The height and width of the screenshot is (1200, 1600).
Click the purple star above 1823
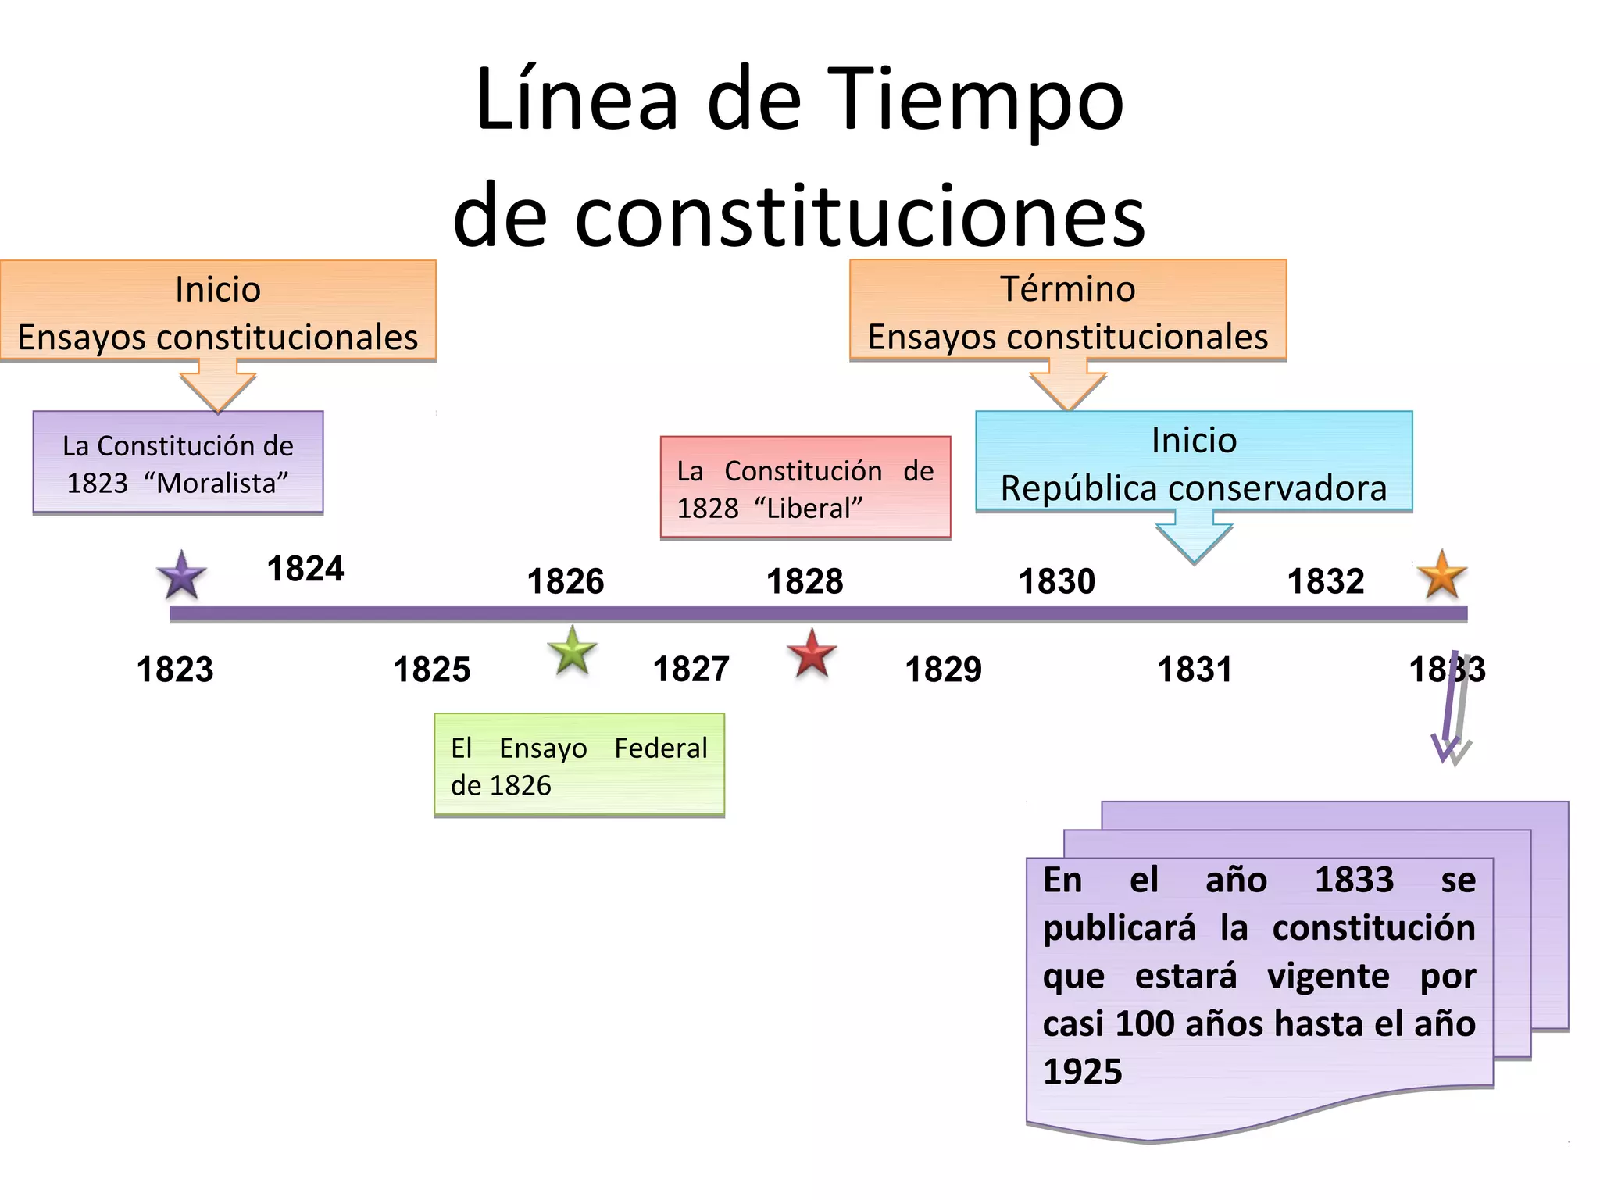[181, 576]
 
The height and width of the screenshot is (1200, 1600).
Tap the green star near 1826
[573, 651]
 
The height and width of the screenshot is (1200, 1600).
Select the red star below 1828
[812, 654]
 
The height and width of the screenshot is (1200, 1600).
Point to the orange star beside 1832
[1441, 574]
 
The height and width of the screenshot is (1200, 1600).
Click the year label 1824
[305, 569]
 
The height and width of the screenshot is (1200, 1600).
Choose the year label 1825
[432, 670]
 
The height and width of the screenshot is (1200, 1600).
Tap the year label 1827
[691, 670]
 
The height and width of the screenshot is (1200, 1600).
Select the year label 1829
[943, 670]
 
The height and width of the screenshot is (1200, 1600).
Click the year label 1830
[1057, 581]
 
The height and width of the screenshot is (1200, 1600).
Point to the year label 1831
[1195, 670]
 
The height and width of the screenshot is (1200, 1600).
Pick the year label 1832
[1326, 581]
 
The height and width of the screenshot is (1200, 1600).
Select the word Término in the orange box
[1067, 289]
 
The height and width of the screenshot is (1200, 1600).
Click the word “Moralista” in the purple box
[216, 484]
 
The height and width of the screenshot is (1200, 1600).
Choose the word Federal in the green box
[660, 748]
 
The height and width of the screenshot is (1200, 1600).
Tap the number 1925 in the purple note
[1083, 1072]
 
